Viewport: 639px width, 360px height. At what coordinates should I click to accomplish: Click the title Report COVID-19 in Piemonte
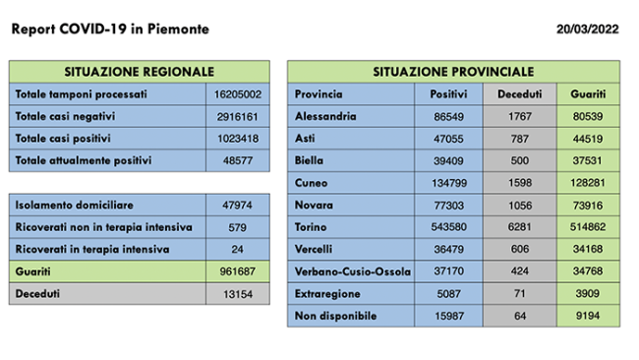pyautogui.click(x=109, y=30)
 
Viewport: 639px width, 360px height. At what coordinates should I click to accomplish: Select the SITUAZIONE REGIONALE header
pyautogui.click(x=139, y=72)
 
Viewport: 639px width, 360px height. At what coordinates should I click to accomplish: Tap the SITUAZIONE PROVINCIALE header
pyautogui.click(x=453, y=72)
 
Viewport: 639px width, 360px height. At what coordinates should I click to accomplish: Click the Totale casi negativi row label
pyautogui.click(x=64, y=116)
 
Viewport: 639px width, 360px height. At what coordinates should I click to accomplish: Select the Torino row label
pyautogui.click(x=312, y=227)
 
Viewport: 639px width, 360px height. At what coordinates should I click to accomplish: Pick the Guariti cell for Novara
pyautogui.click(x=588, y=205)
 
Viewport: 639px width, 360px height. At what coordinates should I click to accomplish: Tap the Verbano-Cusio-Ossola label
pyautogui.click(x=350, y=271)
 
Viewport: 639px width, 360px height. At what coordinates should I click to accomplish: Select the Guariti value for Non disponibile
pyautogui.click(x=588, y=316)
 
